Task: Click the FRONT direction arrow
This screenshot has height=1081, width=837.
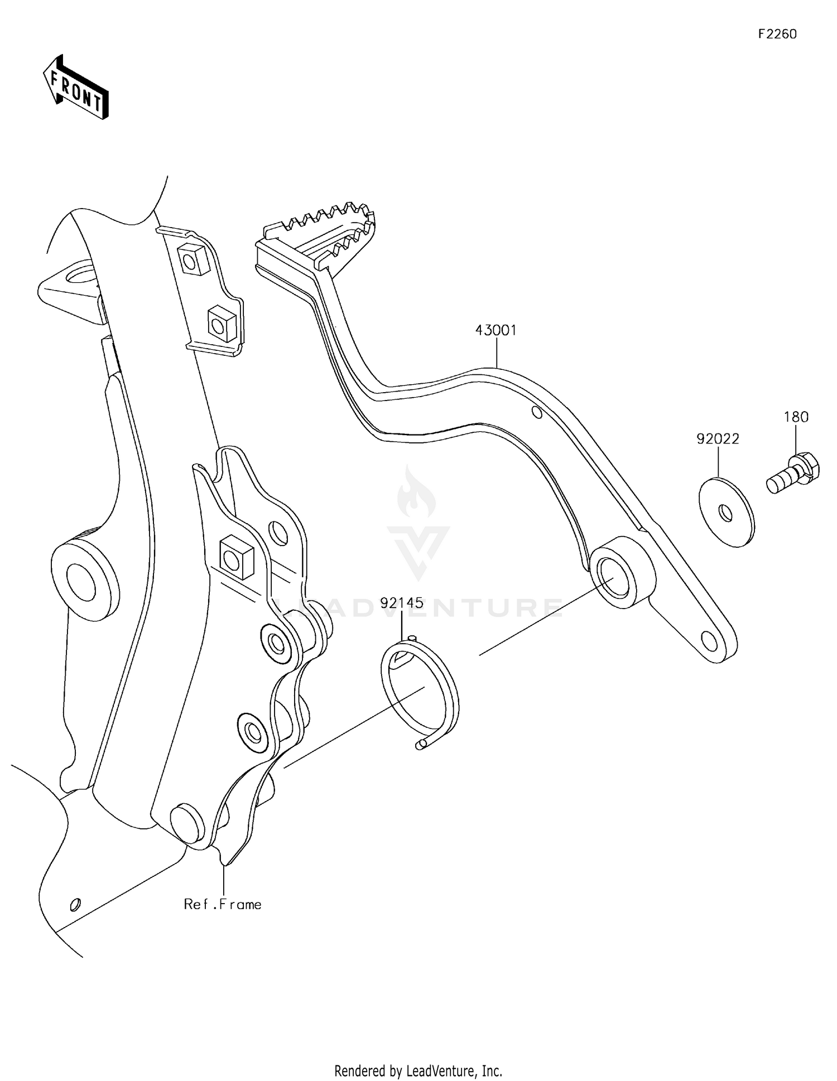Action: [x=76, y=88]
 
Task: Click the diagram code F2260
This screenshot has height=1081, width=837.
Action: [x=777, y=34]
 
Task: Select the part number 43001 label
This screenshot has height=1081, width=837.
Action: [x=496, y=330]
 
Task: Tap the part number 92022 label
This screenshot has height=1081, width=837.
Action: [x=718, y=439]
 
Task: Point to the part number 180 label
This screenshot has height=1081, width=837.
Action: [x=796, y=417]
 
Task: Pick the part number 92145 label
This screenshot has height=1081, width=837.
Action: [x=402, y=603]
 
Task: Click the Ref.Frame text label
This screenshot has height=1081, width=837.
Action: [x=223, y=904]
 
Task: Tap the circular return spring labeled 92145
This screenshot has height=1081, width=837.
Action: [x=420, y=691]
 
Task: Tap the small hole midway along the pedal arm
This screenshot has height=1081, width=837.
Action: [x=537, y=413]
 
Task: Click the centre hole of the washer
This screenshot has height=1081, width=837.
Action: [x=725, y=513]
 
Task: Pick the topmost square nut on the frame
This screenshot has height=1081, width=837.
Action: [x=192, y=258]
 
